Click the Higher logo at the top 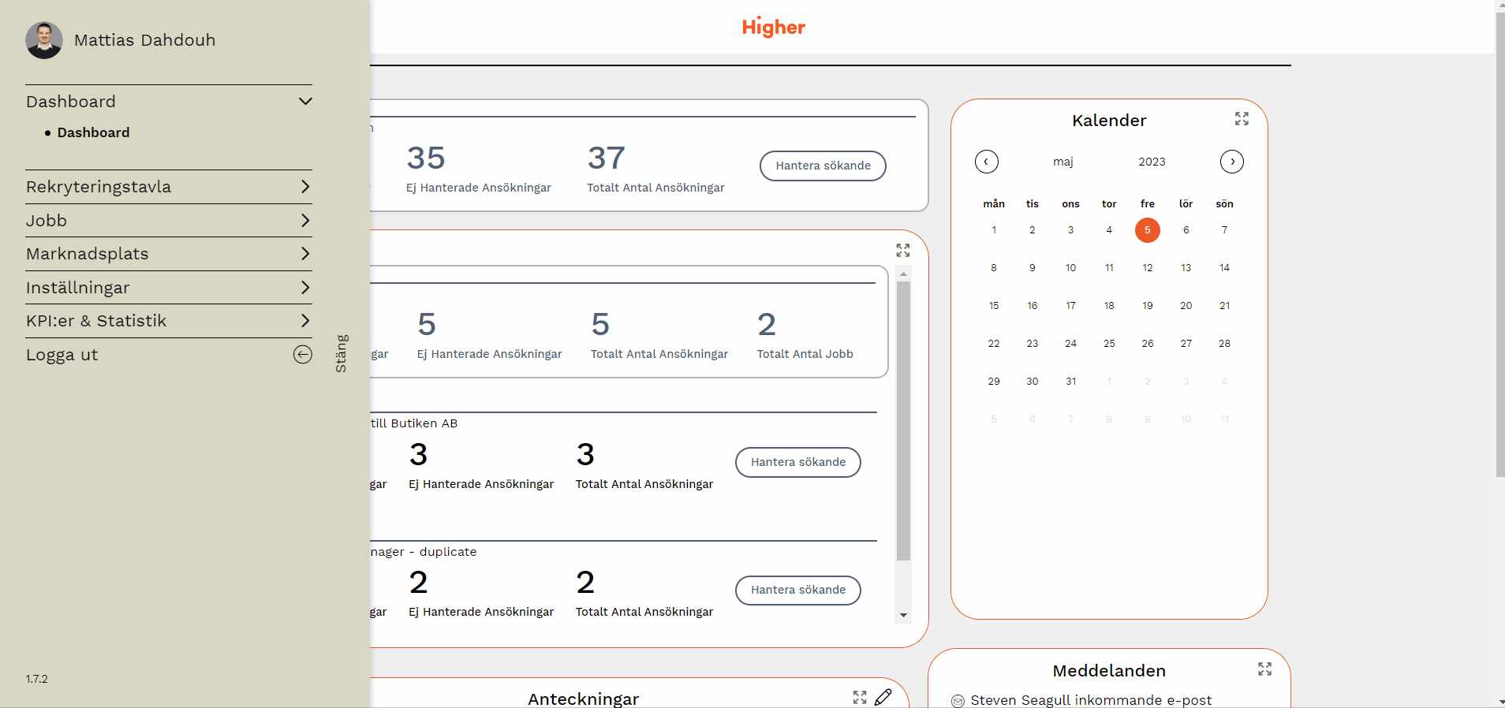[x=773, y=27]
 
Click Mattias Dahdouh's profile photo [x=44, y=40]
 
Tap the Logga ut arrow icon [x=303, y=355]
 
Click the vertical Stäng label [x=341, y=353]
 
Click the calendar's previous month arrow [x=986, y=162]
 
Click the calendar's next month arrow [x=1231, y=162]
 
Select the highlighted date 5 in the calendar [x=1147, y=230]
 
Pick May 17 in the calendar [x=1070, y=306]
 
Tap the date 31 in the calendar [x=1070, y=382]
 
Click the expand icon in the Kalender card [x=1242, y=118]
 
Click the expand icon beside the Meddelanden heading [x=1264, y=669]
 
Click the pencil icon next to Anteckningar [x=883, y=697]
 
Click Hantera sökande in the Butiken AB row [x=797, y=462]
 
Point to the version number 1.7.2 [x=37, y=679]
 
